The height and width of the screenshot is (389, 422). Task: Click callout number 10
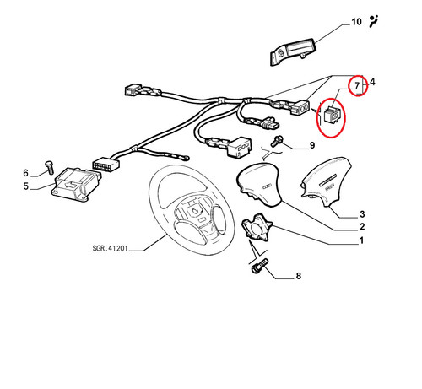point(356,22)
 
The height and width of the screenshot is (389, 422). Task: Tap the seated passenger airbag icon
point(374,22)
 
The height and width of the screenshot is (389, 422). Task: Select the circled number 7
point(357,85)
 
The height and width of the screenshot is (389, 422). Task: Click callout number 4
point(372,82)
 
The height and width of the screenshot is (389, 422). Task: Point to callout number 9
point(312,145)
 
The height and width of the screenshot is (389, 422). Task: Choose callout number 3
point(362,214)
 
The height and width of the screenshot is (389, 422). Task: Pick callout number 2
point(362,226)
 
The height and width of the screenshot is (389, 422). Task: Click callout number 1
point(361,240)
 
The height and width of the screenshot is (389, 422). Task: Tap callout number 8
point(299,276)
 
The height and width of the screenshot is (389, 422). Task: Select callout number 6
point(25,173)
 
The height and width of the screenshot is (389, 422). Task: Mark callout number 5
point(26,186)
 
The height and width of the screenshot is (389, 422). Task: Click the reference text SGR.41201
point(110,248)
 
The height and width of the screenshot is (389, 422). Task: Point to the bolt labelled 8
point(259,266)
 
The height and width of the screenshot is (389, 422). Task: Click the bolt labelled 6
point(49,167)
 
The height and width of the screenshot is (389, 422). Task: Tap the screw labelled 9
point(277,141)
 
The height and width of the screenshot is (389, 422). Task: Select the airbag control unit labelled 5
point(75,185)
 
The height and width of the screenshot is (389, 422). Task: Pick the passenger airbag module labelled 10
point(293,52)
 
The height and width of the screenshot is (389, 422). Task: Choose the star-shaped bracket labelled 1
point(257,228)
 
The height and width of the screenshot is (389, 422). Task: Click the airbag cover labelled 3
point(327,181)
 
